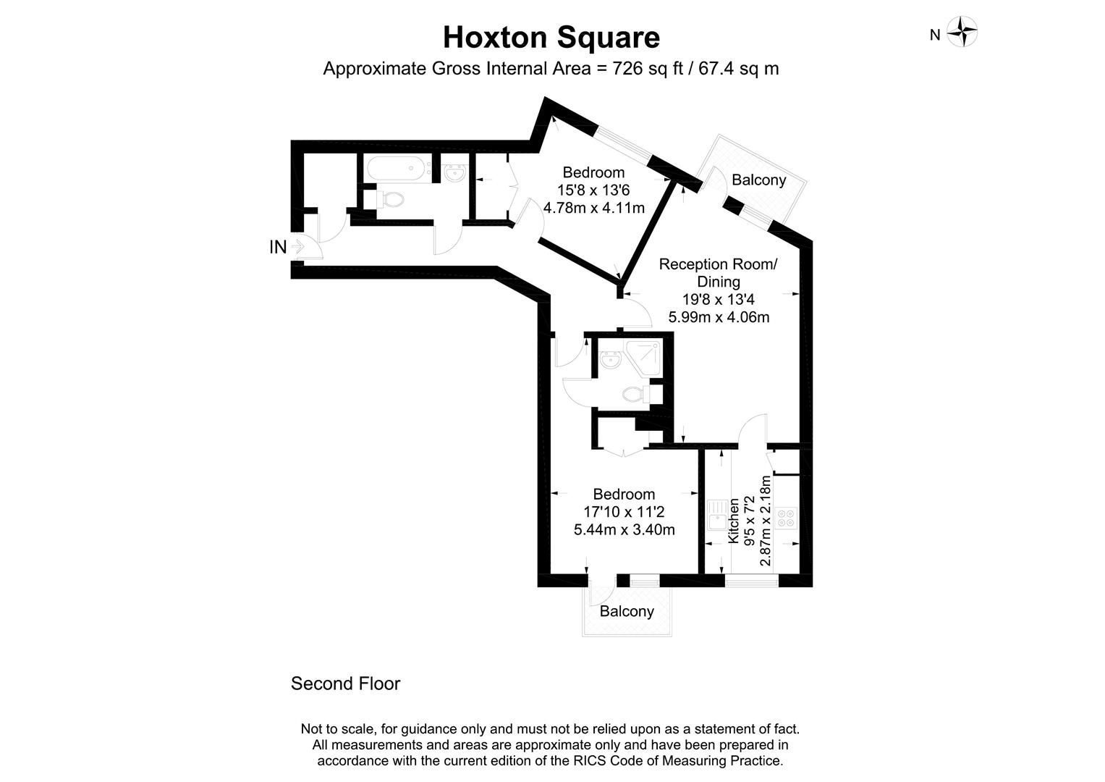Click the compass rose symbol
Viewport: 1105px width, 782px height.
click(962, 32)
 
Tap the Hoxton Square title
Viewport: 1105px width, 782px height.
click(551, 37)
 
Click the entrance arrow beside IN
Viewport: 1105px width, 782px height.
click(296, 247)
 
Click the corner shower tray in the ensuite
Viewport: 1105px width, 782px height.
click(645, 356)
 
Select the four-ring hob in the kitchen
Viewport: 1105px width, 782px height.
click(786, 518)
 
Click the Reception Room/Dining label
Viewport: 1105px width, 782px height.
click(718, 273)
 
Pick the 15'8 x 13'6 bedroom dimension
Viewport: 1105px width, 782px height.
click(593, 190)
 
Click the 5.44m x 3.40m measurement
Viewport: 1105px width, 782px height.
click(624, 529)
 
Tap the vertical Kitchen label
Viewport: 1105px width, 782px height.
click(734, 521)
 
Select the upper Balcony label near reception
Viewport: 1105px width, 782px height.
click(758, 180)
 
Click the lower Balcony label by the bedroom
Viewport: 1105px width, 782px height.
click(627, 611)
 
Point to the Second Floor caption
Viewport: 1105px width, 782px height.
click(345, 684)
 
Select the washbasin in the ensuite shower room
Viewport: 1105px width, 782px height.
click(610, 359)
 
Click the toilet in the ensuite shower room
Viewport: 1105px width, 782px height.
click(634, 394)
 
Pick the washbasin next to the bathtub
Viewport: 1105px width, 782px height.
click(456, 173)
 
